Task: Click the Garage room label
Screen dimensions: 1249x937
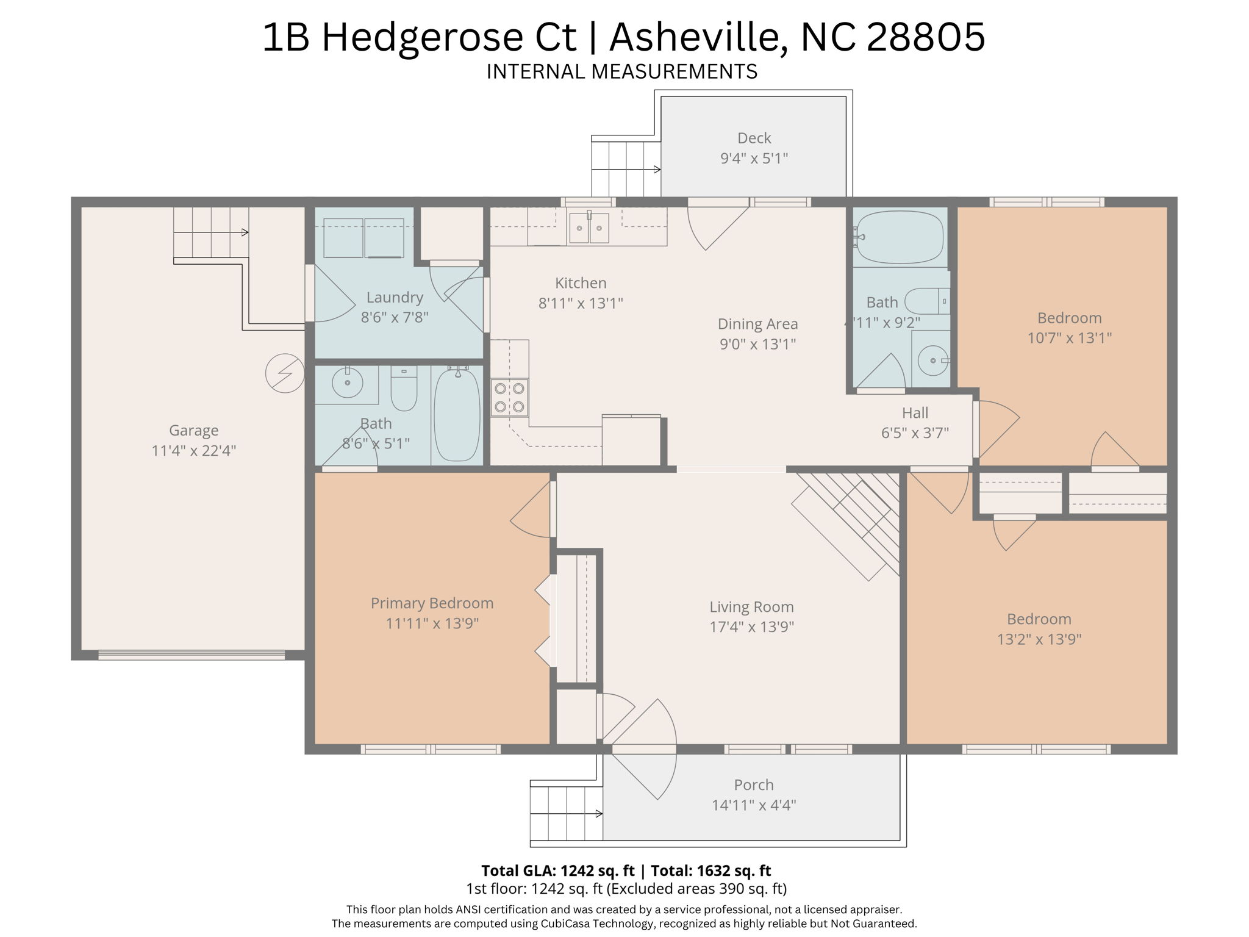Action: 193,430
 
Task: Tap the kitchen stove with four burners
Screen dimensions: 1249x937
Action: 510,398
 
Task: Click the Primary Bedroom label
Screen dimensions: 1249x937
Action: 432,603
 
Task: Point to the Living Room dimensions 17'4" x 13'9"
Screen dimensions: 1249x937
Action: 751,626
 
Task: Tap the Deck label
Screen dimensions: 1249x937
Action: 754,138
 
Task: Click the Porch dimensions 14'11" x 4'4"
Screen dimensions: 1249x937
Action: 754,805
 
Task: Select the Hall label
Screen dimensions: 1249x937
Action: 915,413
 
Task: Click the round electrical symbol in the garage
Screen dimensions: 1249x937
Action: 285,373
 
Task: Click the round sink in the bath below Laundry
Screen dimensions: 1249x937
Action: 347,382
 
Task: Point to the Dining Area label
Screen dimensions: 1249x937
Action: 757,324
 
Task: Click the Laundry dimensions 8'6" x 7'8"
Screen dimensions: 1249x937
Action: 395,317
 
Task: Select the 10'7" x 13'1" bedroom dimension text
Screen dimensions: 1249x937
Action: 1070,338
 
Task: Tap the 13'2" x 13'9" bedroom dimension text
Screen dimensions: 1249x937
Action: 1039,639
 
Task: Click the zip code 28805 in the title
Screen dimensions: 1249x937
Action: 925,37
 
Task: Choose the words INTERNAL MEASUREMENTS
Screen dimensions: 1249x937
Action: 622,71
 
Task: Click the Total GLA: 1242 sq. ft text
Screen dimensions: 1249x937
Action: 557,871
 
